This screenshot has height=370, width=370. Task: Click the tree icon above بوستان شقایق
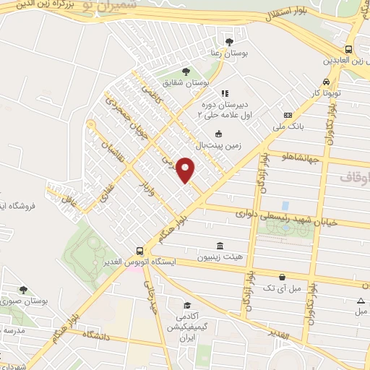[x=186, y=71]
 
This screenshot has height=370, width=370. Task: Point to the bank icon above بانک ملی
[x=288, y=115]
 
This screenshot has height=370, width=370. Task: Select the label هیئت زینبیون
[x=220, y=257]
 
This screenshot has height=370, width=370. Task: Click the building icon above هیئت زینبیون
[x=220, y=245]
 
